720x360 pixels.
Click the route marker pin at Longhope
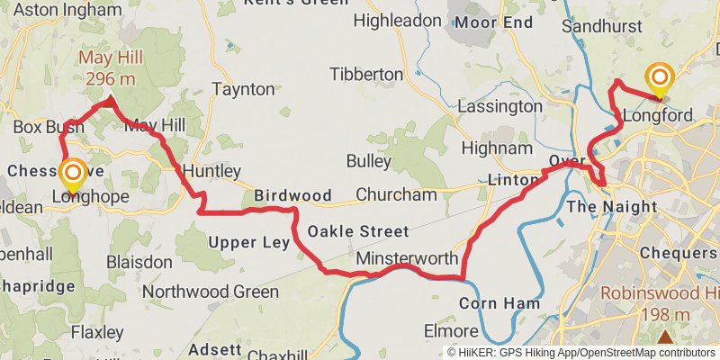click(x=72, y=174)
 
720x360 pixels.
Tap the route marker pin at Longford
click(x=660, y=80)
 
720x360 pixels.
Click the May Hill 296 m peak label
click(x=110, y=68)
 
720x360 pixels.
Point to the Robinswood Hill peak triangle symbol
click(x=665, y=337)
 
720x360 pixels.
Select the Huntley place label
click(x=211, y=171)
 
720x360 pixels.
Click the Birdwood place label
click(x=292, y=194)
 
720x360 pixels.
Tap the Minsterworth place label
click(x=407, y=258)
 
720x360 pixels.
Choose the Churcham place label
click(x=396, y=194)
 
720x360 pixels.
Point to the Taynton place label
click(x=243, y=89)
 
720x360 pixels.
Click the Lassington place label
click(x=499, y=106)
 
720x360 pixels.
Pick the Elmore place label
click(x=450, y=330)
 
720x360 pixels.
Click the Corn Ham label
click(x=499, y=303)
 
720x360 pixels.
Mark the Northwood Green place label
click(x=211, y=292)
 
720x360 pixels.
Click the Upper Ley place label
click(x=249, y=242)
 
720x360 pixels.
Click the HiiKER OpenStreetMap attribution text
click(x=580, y=352)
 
